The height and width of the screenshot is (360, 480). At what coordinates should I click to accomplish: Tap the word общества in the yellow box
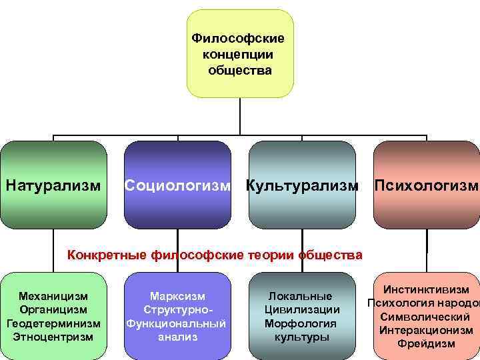tap(239, 69)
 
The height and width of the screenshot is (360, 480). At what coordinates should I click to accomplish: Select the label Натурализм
tap(54, 183)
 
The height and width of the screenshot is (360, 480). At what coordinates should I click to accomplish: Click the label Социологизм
tap(177, 183)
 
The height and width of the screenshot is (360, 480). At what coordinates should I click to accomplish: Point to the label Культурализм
tap(301, 183)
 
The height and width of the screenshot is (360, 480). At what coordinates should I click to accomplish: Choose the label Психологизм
tap(427, 183)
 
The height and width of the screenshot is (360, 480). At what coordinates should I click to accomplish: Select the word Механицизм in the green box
tap(54, 296)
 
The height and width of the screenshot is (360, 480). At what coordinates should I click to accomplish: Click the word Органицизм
tap(54, 309)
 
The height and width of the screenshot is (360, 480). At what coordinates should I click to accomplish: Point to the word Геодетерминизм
tap(54, 323)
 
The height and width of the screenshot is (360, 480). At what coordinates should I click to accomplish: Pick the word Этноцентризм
tap(54, 337)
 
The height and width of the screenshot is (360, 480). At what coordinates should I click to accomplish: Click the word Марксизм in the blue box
tap(177, 296)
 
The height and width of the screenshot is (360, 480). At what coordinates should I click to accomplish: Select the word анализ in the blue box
tap(177, 337)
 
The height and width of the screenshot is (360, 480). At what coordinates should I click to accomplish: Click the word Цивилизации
tap(302, 309)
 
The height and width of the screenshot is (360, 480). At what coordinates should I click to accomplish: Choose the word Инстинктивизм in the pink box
tap(427, 290)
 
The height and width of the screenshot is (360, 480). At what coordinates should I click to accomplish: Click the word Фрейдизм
tap(426, 344)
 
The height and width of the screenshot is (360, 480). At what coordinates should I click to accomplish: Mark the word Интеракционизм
tap(427, 331)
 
